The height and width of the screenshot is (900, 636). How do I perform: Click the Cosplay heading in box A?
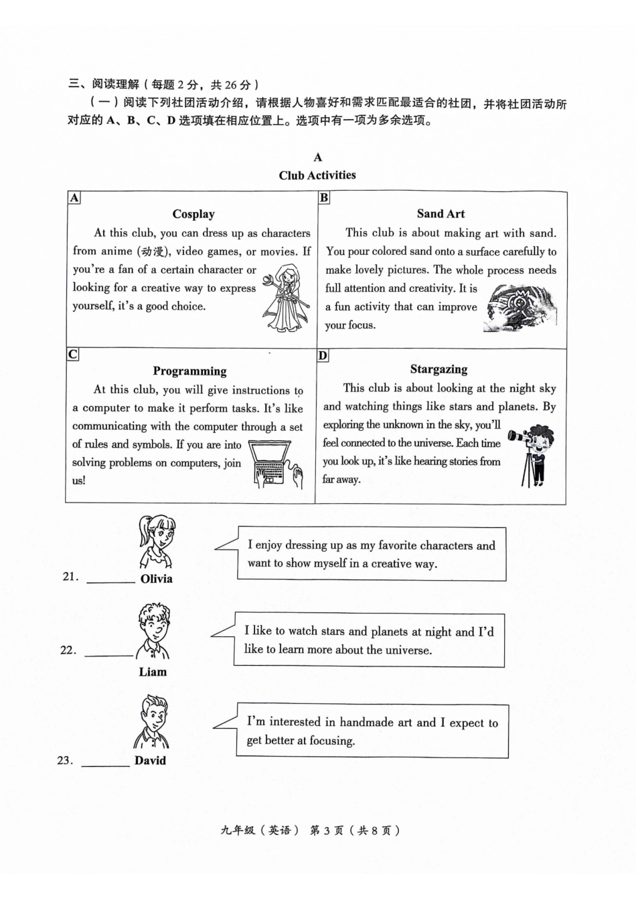193,214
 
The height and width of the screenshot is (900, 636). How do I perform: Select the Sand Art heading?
441,213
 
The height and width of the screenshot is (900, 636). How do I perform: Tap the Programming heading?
189,371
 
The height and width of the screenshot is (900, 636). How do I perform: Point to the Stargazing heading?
439,369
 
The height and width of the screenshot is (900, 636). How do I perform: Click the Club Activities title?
317,175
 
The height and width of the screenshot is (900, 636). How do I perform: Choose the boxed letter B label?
324,197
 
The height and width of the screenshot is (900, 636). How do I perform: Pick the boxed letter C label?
72,354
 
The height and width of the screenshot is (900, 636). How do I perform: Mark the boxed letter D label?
323,355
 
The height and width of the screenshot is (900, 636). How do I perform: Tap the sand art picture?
520,308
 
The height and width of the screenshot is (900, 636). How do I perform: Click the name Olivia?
157,579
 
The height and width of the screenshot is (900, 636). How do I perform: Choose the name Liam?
153,672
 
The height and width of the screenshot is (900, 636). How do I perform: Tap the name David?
150,760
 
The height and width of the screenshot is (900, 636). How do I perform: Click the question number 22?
68,650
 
